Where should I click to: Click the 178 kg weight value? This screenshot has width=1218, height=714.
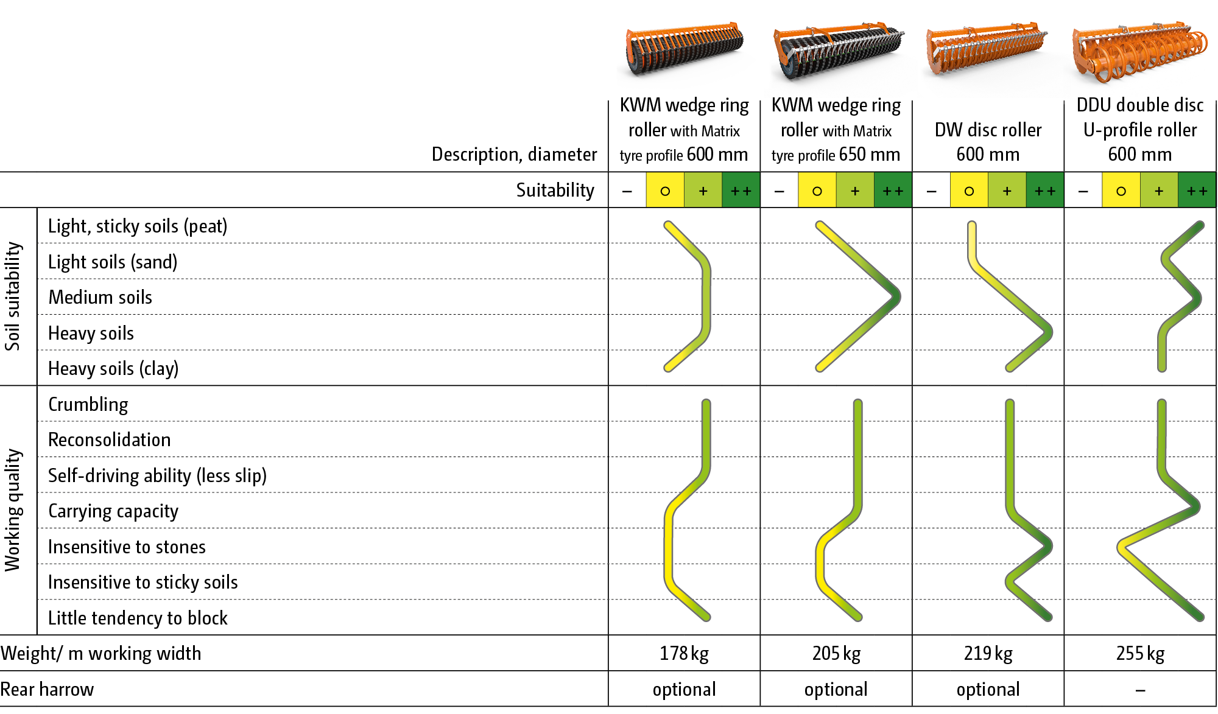(x=684, y=654)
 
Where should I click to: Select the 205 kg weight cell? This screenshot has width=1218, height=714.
(x=836, y=654)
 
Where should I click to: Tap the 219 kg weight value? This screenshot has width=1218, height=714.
(x=988, y=654)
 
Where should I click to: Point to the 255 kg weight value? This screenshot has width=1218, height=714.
(x=1140, y=654)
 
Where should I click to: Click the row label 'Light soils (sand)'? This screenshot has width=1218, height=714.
(x=113, y=262)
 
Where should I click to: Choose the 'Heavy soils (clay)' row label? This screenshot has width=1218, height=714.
(x=113, y=369)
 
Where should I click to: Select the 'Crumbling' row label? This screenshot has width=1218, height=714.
(x=88, y=405)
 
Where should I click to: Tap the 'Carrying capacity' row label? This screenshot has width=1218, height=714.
(x=113, y=511)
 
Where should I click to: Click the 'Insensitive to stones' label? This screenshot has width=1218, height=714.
(x=127, y=547)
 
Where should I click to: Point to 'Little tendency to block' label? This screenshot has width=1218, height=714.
(x=138, y=618)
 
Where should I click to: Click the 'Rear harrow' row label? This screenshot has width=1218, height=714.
(x=48, y=690)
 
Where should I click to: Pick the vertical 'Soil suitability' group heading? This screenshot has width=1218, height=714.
(x=13, y=296)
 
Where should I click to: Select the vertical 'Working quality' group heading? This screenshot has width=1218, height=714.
(x=13, y=510)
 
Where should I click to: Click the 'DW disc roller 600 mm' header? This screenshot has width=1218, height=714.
(x=988, y=142)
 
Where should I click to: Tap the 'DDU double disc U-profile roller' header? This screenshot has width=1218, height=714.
(x=1140, y=130)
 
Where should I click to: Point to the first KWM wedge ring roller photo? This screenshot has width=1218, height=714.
(x=685, y=52)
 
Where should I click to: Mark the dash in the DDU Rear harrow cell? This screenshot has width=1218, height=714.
(x=1140, y=690)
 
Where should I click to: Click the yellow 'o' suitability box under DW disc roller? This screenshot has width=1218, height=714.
(x=969, y=191)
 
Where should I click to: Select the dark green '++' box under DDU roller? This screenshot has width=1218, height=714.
(x=1197, y=191)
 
